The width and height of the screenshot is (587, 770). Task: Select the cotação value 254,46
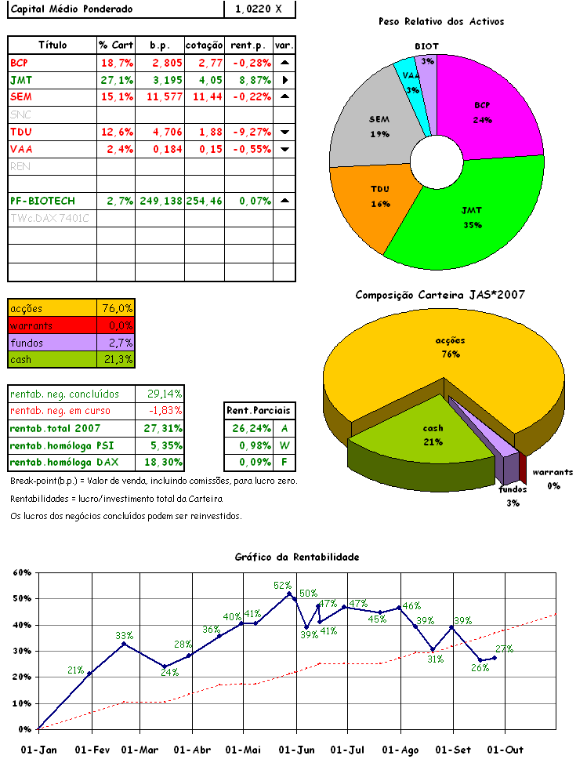click(204, 201)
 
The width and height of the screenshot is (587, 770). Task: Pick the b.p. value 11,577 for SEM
click(160, 96)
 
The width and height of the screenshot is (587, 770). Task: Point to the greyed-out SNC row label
click(21, 114)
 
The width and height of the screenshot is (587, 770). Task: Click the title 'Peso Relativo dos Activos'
click(440, 21)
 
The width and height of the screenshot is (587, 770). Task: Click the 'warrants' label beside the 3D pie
click(553, 472)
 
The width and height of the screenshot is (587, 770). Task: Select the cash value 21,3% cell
click(118, 359)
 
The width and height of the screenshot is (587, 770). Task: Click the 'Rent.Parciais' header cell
click(257, 410)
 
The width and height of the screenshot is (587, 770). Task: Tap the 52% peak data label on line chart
click(282, 585)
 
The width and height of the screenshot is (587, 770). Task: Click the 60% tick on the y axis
click(21, 572)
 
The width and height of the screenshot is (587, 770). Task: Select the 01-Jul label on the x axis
click(347, 750)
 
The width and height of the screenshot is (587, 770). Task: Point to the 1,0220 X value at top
click(259, 9)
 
